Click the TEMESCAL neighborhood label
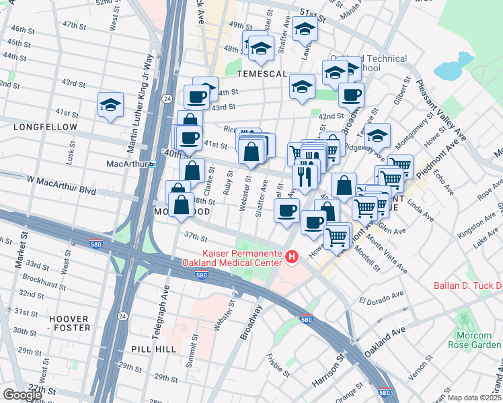[x=262, y=73]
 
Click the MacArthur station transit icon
[x=153, y=164]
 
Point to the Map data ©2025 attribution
[x=473, y=398]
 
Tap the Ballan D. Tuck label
[x=468, y=285]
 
